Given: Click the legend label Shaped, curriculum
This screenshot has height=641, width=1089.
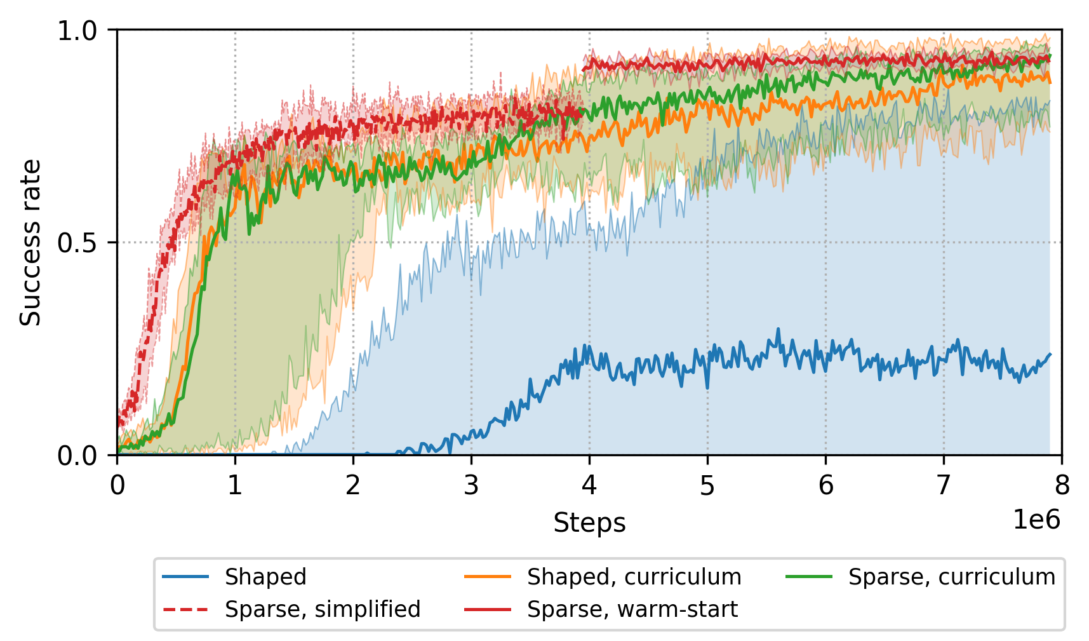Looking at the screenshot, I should [x=634, y=577].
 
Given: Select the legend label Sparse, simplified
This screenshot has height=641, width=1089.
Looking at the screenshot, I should [x=323, y=609].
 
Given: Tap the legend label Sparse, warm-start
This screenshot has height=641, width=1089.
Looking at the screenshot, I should [x=632, y=609].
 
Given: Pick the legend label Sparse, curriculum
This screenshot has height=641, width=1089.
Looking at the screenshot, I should [x=951, y=577].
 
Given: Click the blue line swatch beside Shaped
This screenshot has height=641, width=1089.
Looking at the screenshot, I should [x=185, y=577].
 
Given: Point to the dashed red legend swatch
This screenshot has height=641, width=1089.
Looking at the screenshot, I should [x=185, y=609].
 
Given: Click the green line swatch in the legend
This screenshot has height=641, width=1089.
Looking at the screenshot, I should [x=809, y=577].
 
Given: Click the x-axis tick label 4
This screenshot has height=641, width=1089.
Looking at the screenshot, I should [x=589, y=486].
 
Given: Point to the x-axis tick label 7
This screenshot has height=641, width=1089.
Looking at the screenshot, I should [x=944, y=486].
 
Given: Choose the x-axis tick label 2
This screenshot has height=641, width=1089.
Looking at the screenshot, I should [x=353, y=486].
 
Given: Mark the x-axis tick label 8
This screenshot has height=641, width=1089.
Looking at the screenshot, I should [x=1062, y=486].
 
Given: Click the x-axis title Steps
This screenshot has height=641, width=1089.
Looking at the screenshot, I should [x=589, y=523].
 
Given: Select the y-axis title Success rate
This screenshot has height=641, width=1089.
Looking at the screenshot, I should [x=30, y=243].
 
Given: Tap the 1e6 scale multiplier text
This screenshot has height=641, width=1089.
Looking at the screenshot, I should [x=1036, y=520].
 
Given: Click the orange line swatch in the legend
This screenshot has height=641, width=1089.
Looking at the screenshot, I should [x=488, y=577].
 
